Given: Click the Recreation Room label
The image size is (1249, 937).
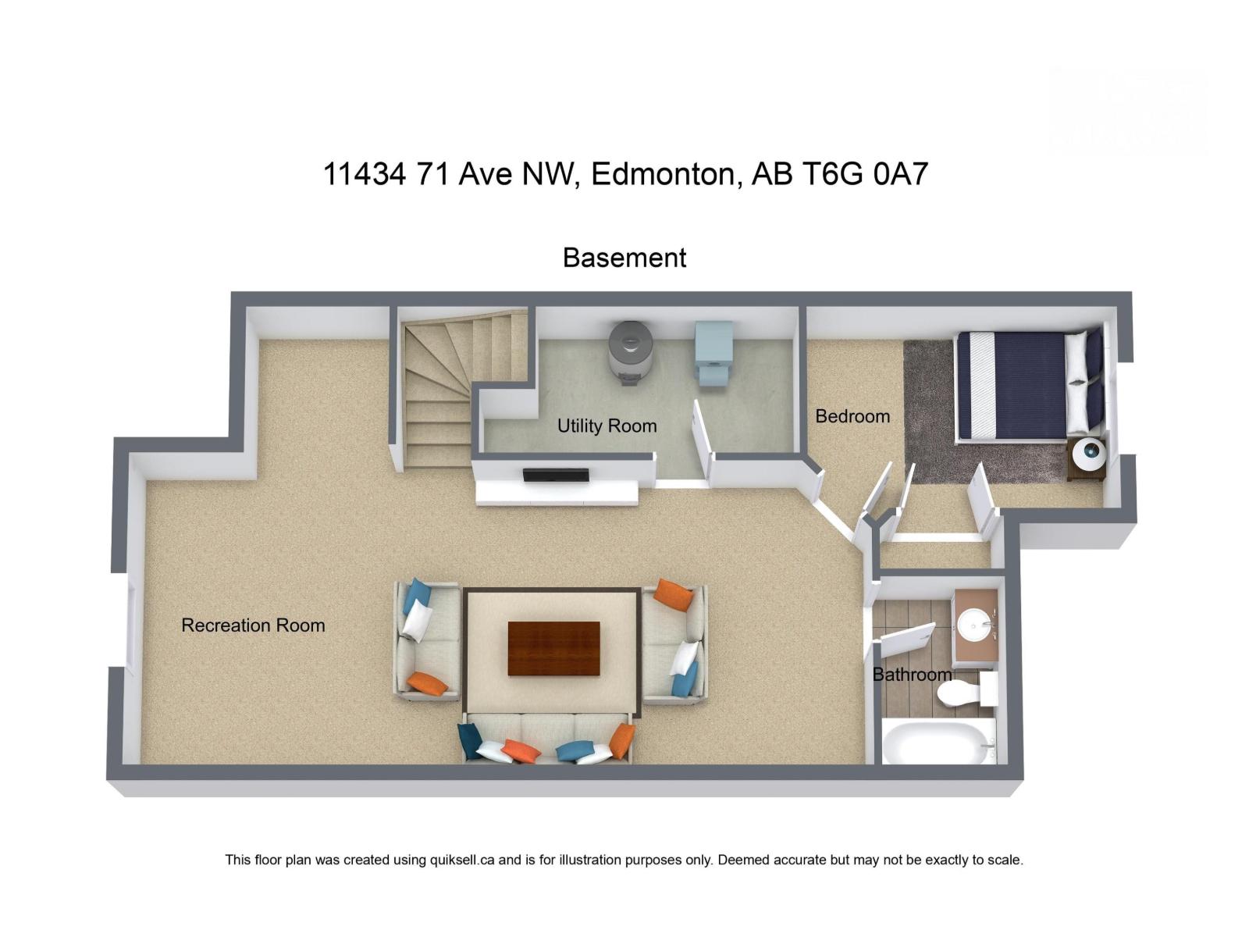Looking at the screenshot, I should click(253, 625).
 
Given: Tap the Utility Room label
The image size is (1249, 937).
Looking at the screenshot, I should click(607, 426).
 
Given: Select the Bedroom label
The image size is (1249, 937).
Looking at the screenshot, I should click(852, 417).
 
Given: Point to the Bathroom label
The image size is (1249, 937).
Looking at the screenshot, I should click(911, 675).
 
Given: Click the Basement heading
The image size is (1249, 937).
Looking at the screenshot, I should click(624, 258).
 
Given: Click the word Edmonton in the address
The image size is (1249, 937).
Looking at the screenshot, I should click(663, 174).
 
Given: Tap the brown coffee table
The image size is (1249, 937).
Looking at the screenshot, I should click(553, 648).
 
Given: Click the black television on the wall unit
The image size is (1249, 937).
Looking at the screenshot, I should click(556, 475).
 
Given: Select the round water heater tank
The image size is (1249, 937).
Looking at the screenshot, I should click(630, 351).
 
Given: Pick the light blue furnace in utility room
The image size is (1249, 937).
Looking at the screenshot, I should click(714, 353).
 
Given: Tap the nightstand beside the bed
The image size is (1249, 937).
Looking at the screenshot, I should click(1087, 458).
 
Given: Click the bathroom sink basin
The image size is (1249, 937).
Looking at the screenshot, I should click(974, 623).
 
